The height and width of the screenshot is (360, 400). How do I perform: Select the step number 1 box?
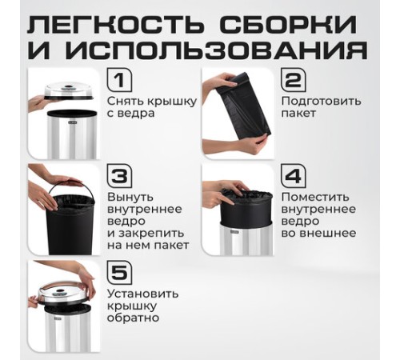[x=118, y=81]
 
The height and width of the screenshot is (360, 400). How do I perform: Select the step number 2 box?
[x=292, y=81]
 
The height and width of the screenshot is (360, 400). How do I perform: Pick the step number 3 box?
[x=118, y=176]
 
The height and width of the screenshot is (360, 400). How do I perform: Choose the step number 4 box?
[x=292, y=176]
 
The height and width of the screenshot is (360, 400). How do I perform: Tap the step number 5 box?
[x=118, y=272]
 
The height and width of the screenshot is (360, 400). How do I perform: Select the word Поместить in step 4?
[x=314, y=197]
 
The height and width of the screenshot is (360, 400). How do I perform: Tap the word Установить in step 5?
[x=142, y=293]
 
